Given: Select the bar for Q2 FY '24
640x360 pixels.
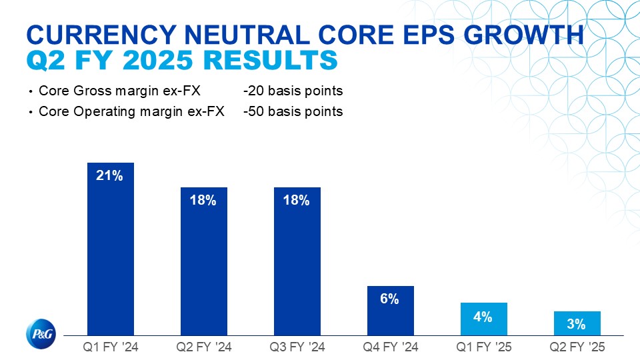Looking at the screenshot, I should pos(204,267).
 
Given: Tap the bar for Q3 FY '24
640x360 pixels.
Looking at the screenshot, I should pos(297,267).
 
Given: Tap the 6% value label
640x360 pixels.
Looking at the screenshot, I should pos(390,299).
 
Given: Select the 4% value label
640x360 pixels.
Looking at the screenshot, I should pos(483,317).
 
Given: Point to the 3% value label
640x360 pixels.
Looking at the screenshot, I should pos(577,325).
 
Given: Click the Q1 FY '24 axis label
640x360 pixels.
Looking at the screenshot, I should pos(111,347).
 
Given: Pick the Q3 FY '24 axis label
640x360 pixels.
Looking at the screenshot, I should pos(297,347).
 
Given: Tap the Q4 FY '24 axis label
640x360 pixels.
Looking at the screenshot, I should pos(391,347).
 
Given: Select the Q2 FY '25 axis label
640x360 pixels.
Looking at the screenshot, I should pos(577,347).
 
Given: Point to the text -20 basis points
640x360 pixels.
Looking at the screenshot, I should pos(293,91).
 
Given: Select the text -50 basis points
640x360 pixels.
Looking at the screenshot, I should pos(293,111).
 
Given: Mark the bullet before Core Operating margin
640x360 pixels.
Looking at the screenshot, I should pos(31,112).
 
